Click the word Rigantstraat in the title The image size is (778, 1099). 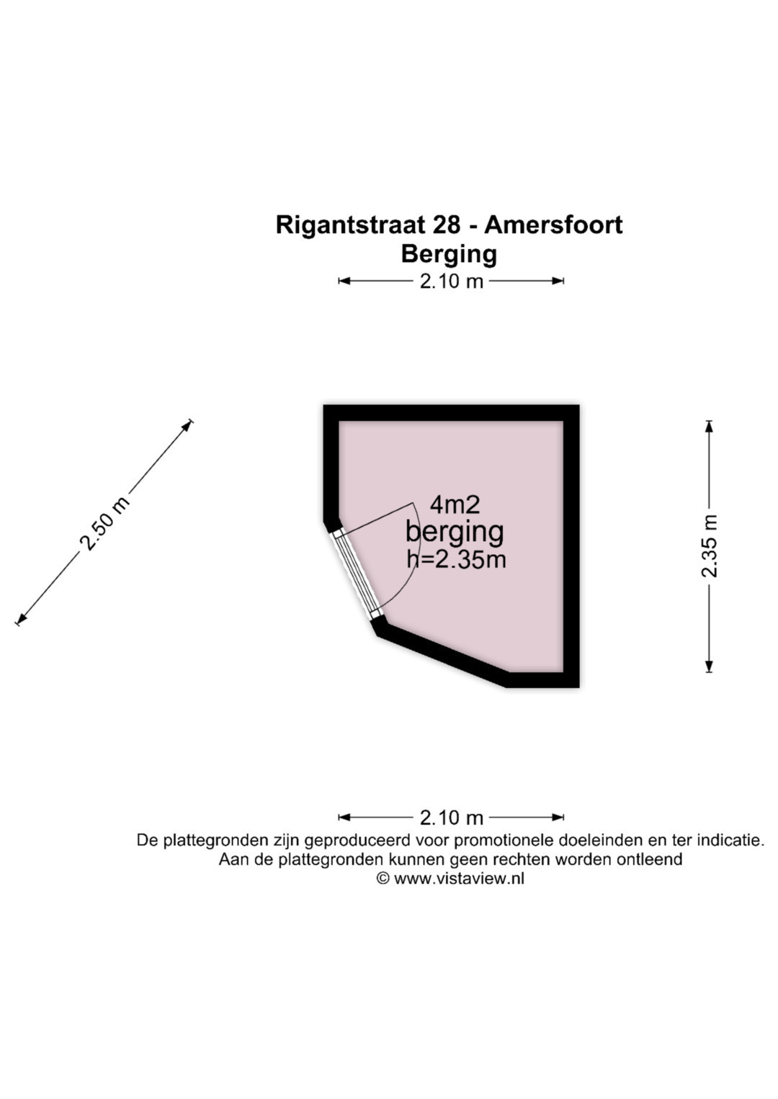pos(368,227)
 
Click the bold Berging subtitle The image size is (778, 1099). pos(449,255)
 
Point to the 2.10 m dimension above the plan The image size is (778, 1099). pos(452,281)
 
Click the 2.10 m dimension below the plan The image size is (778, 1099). pos(452,818)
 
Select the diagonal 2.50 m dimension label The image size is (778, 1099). pos(104,523)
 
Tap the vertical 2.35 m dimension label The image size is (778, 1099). pos(710,546)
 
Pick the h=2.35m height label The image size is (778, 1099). pos(456,560)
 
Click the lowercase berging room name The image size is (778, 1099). pos(455,533)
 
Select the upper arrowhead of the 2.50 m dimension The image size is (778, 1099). pos(187,426)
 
